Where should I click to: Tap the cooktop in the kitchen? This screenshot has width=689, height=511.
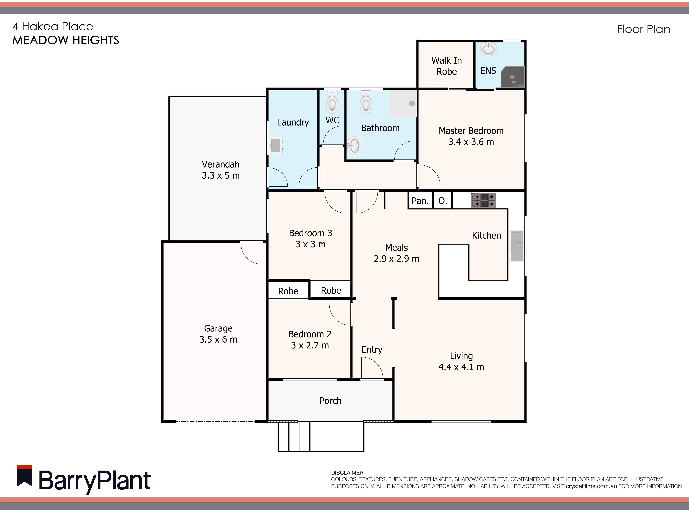[x=483, y=200]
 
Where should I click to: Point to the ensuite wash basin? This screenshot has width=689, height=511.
[x=488, y=49]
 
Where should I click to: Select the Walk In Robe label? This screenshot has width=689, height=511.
[x=447, y=66]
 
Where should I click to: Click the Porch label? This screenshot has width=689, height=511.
[x=330, y=401]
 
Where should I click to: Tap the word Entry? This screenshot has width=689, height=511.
[x=372, y=350]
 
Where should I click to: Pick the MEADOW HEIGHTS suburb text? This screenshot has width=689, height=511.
[x=66, y=40]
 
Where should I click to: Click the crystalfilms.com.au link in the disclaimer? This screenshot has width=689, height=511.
[x=591, y=486]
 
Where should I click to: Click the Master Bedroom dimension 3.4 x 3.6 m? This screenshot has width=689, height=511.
[x=471, y=142]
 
